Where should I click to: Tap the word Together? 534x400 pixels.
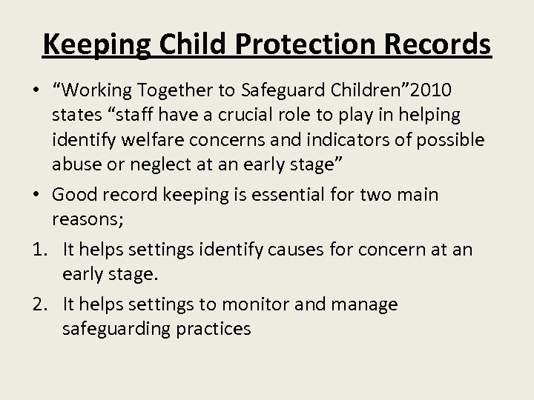tap(182, 90)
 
